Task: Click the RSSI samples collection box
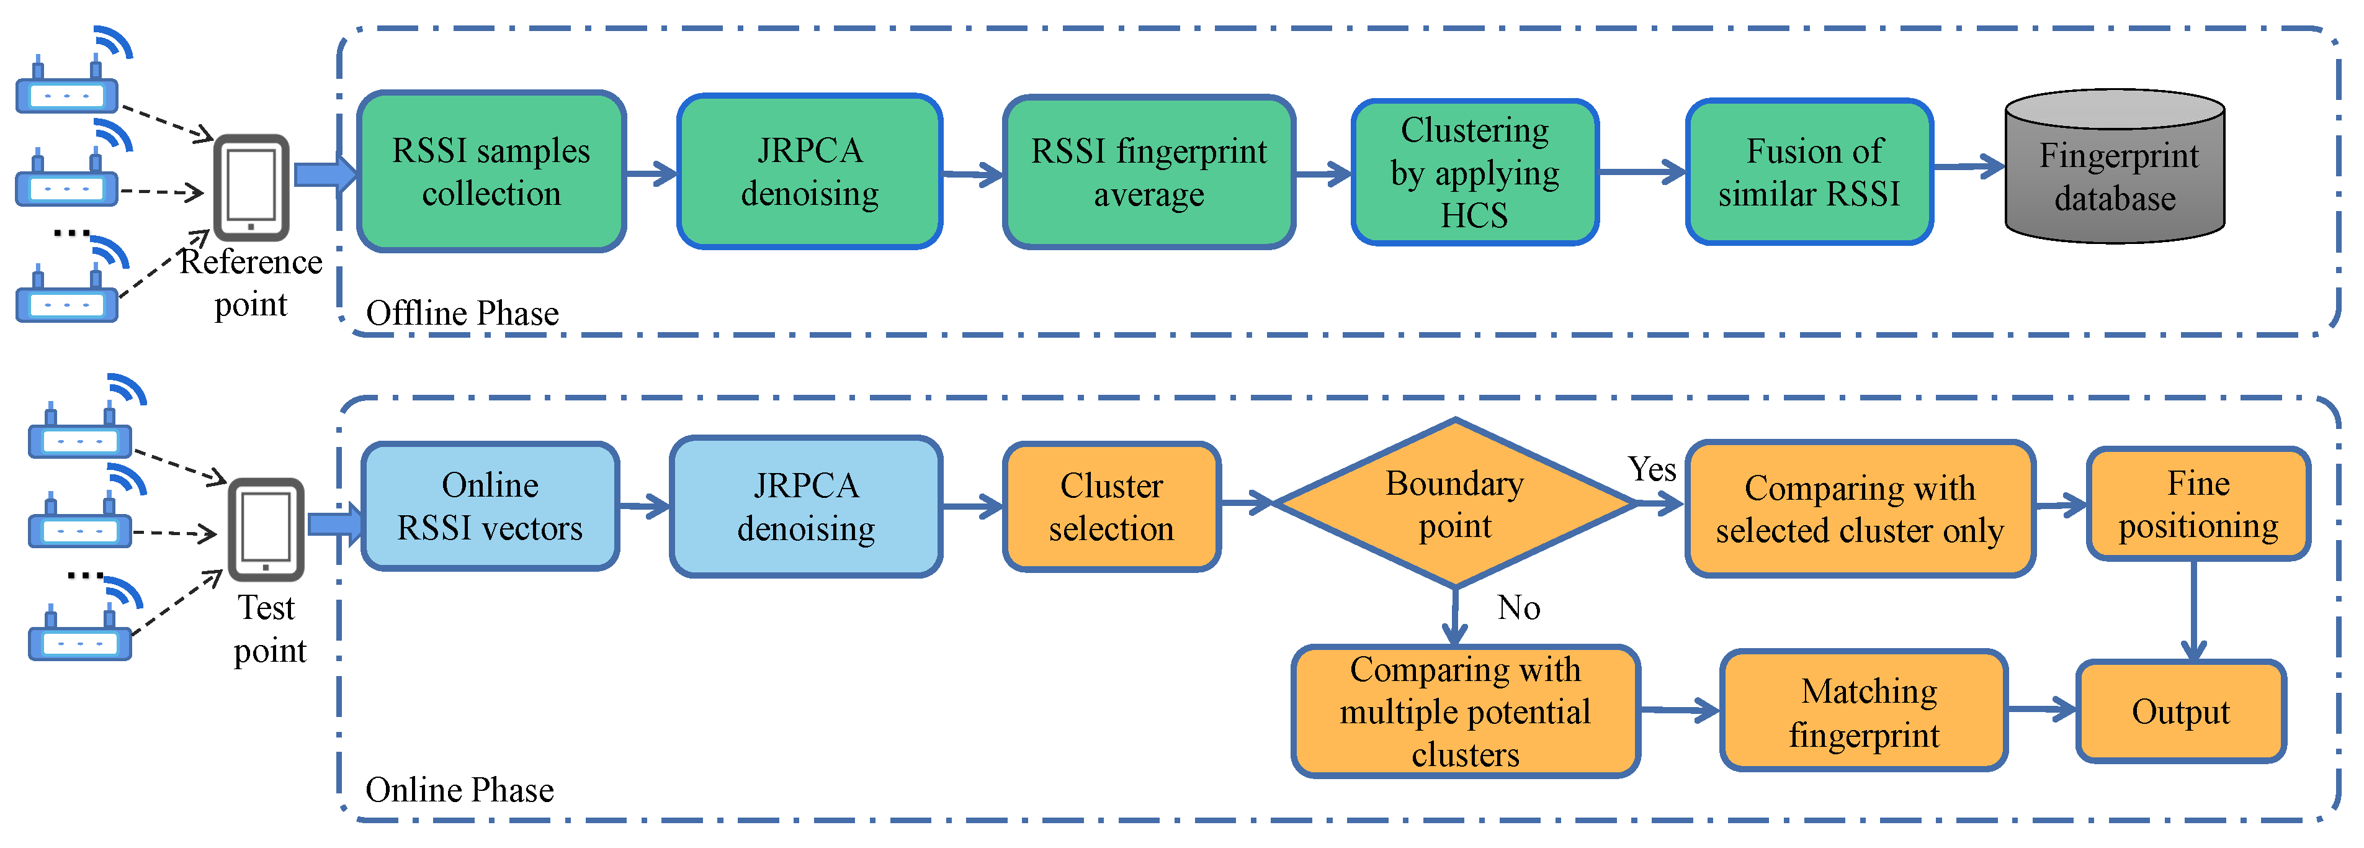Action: pyautogui.click(x=491, y=171)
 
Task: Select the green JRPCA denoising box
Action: pyautogui.click(x=810, y=171)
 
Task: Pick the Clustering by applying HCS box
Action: pyautogui.click(x=1475, y=171)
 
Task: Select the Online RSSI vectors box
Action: pyautogui.click(x=490, y=506)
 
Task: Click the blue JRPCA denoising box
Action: pyautogui.click(x=806, y=506)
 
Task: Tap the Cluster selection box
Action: pyautogui.click(x=1111, y=506)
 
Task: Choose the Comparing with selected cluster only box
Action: pyautogui.click(x=1860, y=508)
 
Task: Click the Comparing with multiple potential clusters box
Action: pyautogui.click(x=1465, y=711)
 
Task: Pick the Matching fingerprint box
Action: pyautogui.click(x=1864, y=711)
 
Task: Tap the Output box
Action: pyautogui.click(x=2180, y=711)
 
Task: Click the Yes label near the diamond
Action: pyautogui.click(x=1652, y=469)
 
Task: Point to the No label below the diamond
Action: pyautogui.click(x=1519, y=608)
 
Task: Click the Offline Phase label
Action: pyautogui.click(x=462, y=313)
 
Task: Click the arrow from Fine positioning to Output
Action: pyautogui.click(x=2193, y=610)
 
